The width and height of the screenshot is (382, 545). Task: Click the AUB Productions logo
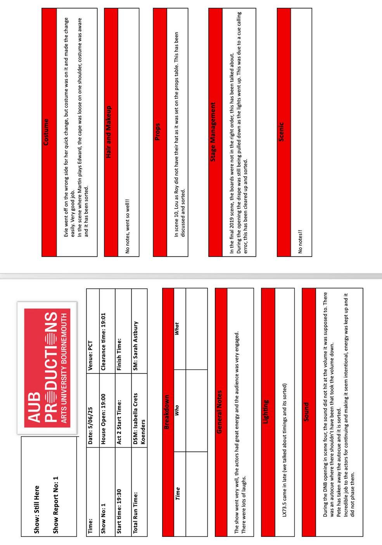[47, 368]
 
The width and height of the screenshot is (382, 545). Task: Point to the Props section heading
[157, 132]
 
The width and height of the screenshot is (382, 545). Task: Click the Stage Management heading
[213, 132]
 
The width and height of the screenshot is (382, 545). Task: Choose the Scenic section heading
[282, 132]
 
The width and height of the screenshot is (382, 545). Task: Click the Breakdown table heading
[167, 411]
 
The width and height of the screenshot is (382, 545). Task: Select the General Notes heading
[220, 411]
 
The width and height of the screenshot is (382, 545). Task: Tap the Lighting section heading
[266, 411]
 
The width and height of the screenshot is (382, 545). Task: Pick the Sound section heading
[306, 411]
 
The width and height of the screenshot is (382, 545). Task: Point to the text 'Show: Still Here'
[37, 509]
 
